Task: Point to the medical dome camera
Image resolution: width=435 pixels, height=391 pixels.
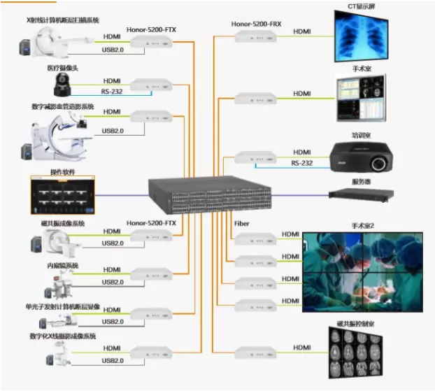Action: pos(57,87)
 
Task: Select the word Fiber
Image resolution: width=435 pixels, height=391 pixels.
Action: pos(242,224)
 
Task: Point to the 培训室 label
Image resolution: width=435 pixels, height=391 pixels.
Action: pos(362,135)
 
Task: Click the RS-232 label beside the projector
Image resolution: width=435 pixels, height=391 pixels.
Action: pos(302,163)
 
